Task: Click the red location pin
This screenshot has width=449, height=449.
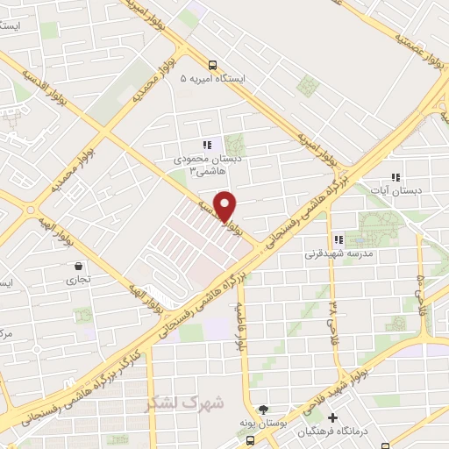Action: (224, 205)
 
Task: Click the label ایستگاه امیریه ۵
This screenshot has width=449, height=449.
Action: (213, 79)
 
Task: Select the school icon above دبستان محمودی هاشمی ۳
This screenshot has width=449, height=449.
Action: (207, 146)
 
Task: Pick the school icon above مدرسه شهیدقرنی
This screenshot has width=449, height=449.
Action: (338, 239)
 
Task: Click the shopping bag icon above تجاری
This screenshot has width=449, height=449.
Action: (80, 266)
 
